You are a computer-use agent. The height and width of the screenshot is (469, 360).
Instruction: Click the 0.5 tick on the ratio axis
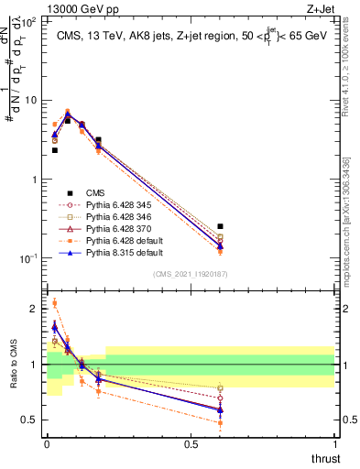coord(29,420)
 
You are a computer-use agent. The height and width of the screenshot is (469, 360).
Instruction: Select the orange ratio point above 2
coord(54,303)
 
